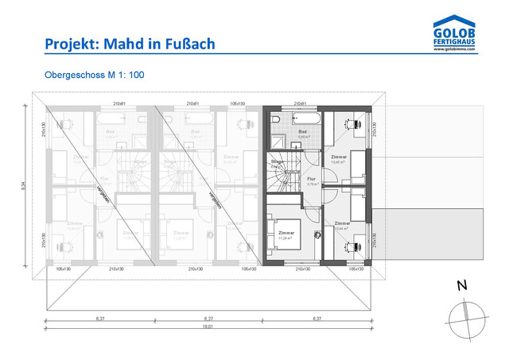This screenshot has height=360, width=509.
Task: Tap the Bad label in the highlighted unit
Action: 302,133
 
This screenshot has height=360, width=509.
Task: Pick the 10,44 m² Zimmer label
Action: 343,226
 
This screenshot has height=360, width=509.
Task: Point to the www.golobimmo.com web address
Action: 455,50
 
